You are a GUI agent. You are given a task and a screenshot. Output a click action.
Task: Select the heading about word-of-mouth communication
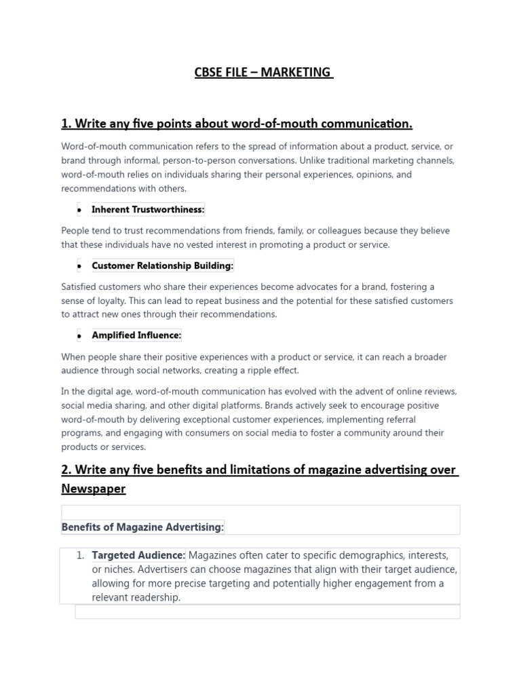tap(237, 124)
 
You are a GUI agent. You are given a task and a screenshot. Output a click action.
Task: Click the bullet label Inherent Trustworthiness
tap(148, 210)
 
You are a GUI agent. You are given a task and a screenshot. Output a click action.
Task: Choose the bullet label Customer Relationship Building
tap(162, 265)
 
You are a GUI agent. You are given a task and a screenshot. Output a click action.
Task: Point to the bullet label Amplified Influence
tap(136, 335)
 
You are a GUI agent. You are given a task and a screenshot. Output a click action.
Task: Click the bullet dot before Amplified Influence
tap(79, 336)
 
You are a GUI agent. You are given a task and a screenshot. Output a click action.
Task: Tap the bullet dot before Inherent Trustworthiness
tap(79, 210)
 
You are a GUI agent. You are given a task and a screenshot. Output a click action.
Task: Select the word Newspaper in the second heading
tap(93, 489)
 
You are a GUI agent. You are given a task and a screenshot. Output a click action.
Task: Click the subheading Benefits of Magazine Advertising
tap(142, 527)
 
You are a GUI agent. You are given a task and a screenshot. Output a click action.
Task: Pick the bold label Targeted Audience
tap(138, 555)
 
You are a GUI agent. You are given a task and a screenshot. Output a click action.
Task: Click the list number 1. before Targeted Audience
tap(80, 555)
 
